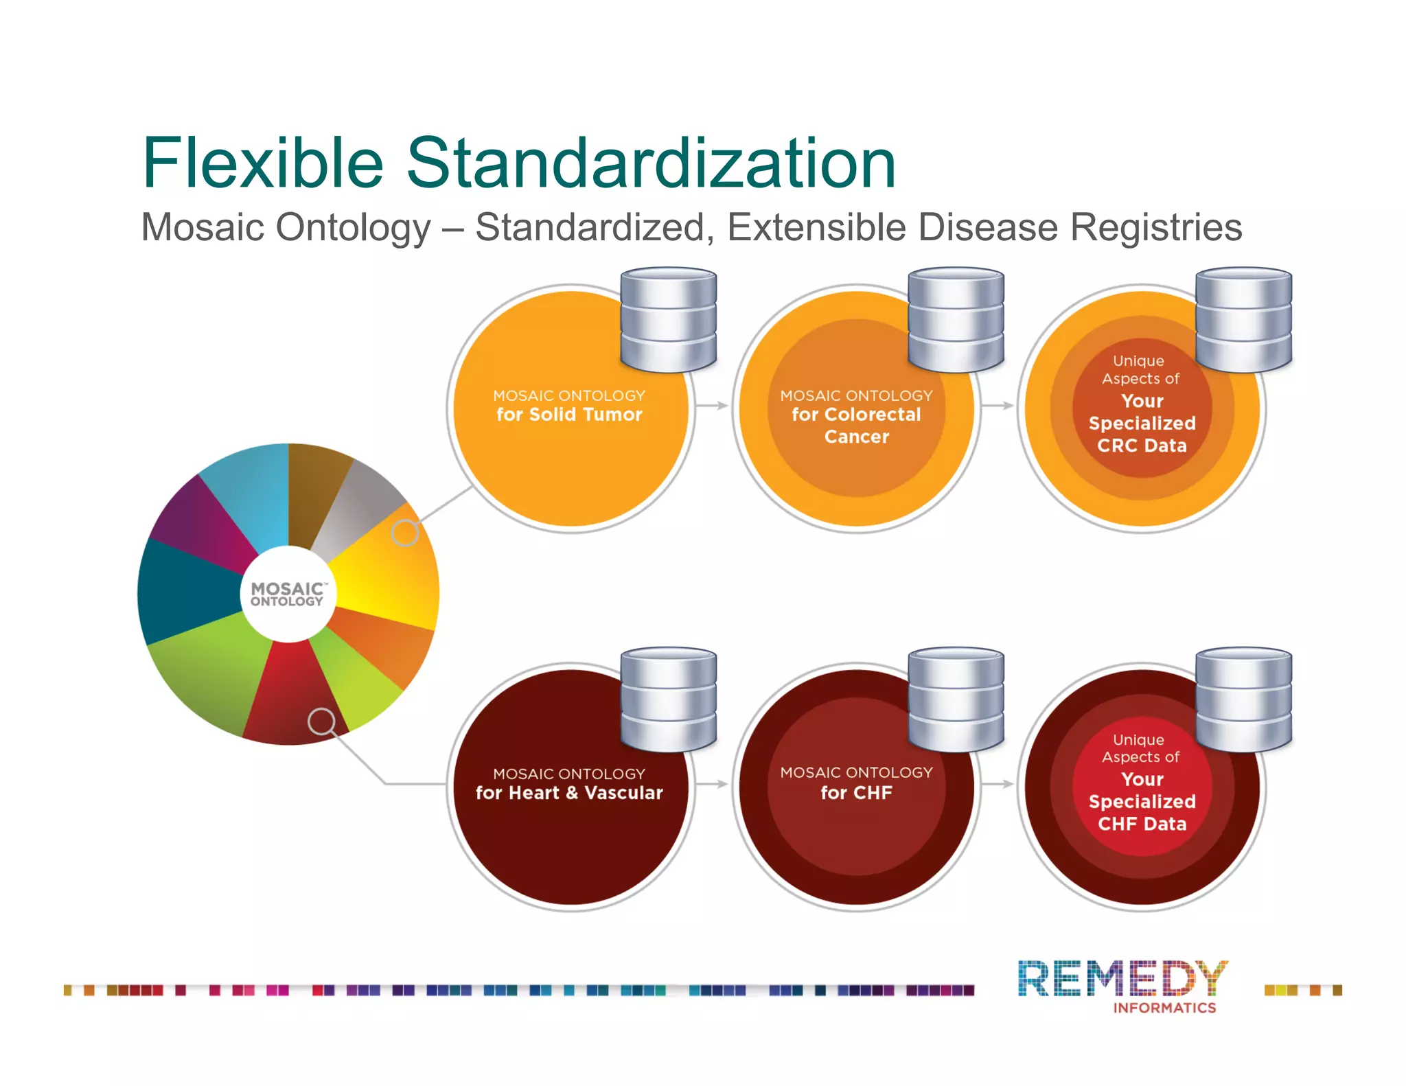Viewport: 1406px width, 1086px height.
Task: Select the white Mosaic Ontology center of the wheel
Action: pyautogui.click(x=288, y=594)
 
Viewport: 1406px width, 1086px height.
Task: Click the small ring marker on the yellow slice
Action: pyautogui.click(x=405, y=533)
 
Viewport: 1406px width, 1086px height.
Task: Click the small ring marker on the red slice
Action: pyautogui.click(x=321, y=721)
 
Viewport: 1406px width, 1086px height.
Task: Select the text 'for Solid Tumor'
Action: pyautogui.click(x=569, y=415)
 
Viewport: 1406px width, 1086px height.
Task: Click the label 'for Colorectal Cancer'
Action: pyautogui.click(x=856, y=426)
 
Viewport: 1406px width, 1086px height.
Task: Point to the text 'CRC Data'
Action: pyautogui.click(x=1142, y=446)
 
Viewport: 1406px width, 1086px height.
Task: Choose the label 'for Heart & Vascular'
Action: pyautogui.click(x=569, y=793)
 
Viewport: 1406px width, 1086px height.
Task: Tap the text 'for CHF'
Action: pyautogui.click(x=856, y=793)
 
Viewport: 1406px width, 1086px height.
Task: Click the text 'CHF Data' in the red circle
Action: pyautogui.click(x=1142, y=824)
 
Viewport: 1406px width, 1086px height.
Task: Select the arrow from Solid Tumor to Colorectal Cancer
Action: pyautogui.click(x=712, y=406)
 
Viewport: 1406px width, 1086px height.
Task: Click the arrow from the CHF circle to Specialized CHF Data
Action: pyautogui.click(x=998, y=784)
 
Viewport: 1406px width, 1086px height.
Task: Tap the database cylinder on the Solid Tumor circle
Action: pyautogui.click(x=668, y=320)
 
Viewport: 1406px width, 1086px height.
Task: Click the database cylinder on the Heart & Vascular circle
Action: pyautogui.click(x=668, y=699)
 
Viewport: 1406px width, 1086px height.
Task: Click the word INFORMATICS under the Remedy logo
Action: pyautogui.click(x=1164, y=1008)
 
